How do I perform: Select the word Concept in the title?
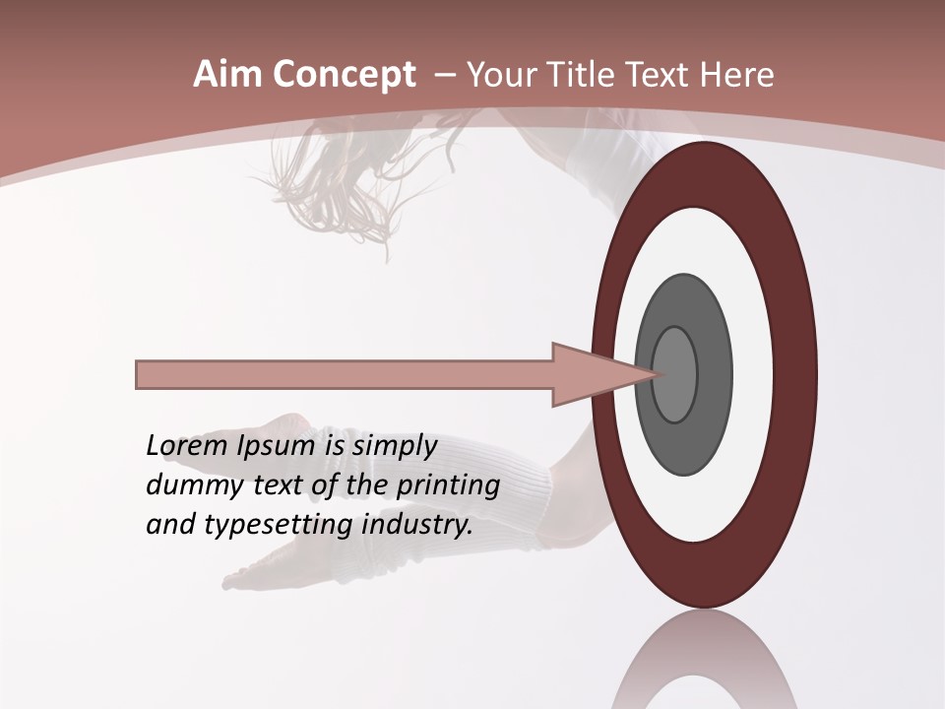[x=343, y=76]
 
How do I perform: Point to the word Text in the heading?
[x=660, y=75]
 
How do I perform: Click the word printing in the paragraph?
[x=448, y=485]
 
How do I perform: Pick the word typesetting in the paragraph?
[x=280, y=525]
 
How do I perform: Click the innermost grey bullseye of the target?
[x=674, y=374]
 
